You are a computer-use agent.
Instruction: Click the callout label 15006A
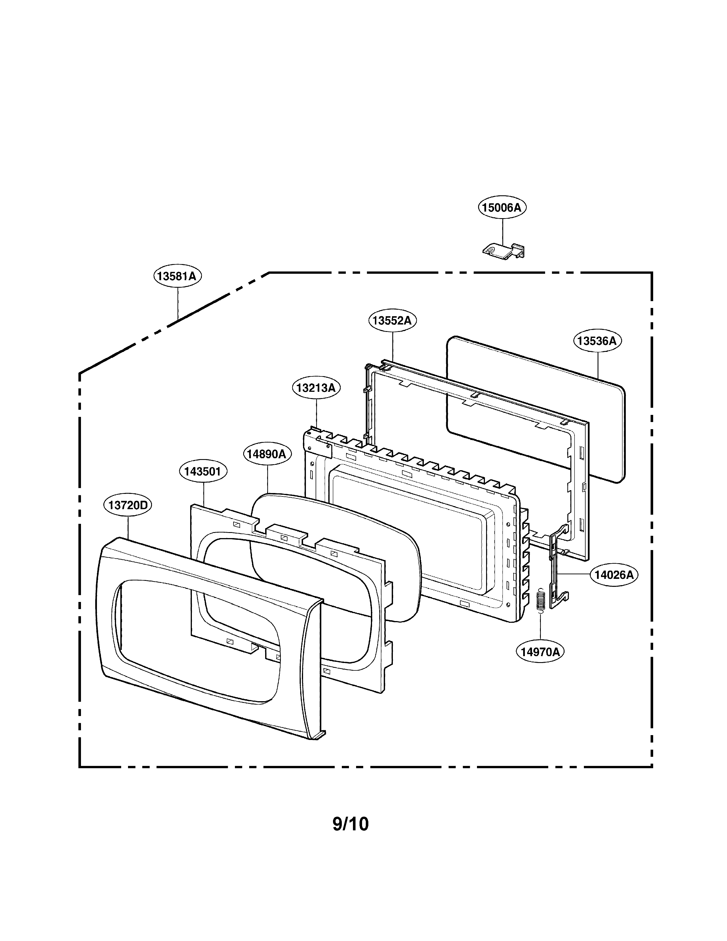(502, 208)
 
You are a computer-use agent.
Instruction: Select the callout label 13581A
(177, 276)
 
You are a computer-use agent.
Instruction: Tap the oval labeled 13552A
(392, 321)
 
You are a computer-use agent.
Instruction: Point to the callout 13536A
(597, 341)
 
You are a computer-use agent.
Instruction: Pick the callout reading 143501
(203, 471)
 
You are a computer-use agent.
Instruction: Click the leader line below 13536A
(598, 366)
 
